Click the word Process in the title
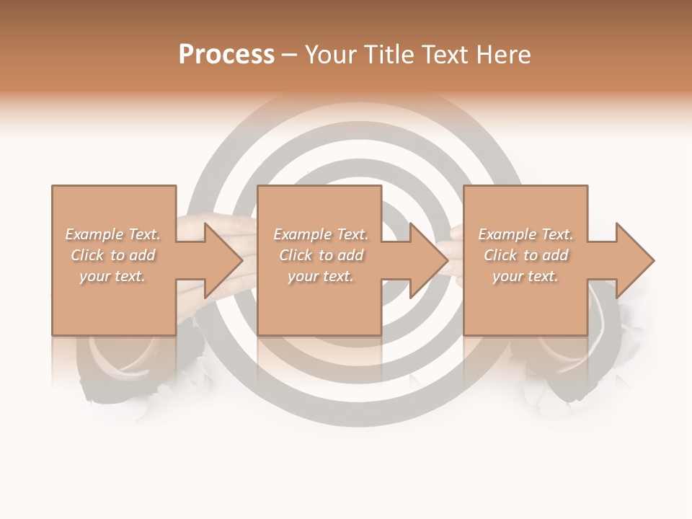click(x=226, y=55)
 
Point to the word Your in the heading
click(x=332, y=55)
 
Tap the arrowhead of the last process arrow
click(x=635, y=260)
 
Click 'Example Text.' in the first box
click(x=113, y=234)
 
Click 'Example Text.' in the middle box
click(x=321, y=234)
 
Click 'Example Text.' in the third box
click(x=525, y=234)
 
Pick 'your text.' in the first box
click(x=113, y=276)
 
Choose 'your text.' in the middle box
click(x=321, y=276)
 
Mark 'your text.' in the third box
click(x=525, y=276)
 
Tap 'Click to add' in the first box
click(x=113, y=255)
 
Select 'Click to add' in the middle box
click(x=321, y=255)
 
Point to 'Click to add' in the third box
click(x=525, y=255)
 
